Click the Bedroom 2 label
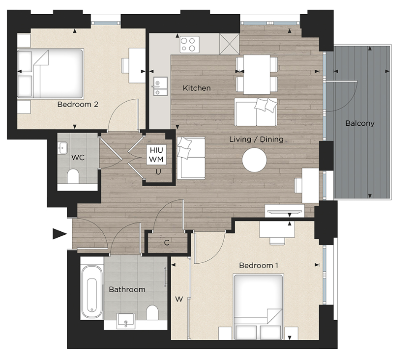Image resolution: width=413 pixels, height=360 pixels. [x=78, y=104]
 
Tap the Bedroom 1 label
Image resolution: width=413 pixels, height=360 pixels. [x=259, y=265]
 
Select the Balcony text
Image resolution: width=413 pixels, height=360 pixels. [x=359, y=123]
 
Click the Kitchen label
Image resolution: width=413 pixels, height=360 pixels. [x=197, y=88]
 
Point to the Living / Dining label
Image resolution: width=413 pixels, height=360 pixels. [x=256, y=139]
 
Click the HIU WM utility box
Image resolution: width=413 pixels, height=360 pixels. [x=157, y=155]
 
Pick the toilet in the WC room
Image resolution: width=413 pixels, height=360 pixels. [x=73, y=176]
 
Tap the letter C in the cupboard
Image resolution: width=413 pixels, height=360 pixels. [x=167, y=242]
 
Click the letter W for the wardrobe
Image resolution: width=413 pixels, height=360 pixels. [x=179, y=298]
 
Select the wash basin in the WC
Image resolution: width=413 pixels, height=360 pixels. [x=62, y=146]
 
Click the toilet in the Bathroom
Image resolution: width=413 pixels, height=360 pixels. [x=153, y=312]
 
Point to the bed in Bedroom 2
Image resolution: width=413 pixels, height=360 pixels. [x=50, y=73]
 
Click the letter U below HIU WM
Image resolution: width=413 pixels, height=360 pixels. [x=158, y=171]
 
